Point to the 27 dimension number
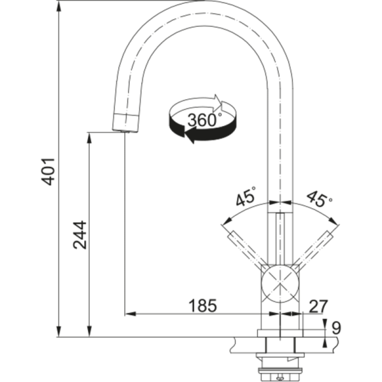point(318,306)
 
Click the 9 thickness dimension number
point(337,329)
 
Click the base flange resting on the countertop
point(281,333)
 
